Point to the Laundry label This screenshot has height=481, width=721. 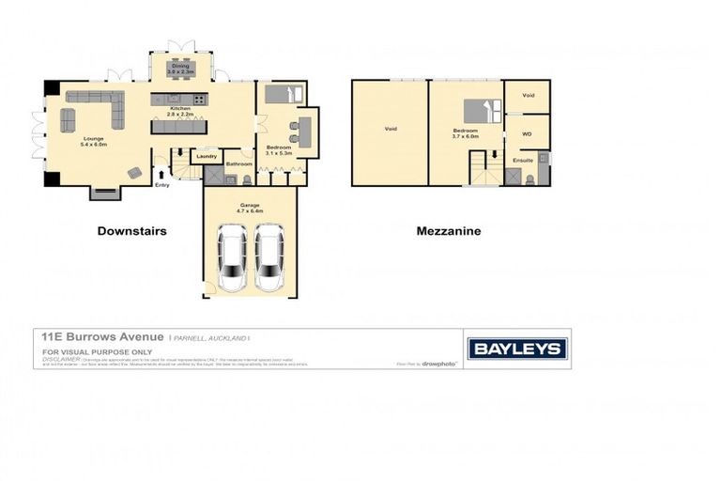tap(207, 156)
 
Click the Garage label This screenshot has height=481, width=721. tap(250, 206)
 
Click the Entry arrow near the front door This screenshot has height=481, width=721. tap(161, 173)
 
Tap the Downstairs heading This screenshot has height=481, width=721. tap(131, 230)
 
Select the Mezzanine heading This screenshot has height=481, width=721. tap(448, 230)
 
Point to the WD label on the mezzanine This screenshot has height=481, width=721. tap(526, 134)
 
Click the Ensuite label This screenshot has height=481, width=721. tap(522, 161)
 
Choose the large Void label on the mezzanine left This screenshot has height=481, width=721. tap(390, 130)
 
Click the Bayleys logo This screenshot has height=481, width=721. tap(517, 349)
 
